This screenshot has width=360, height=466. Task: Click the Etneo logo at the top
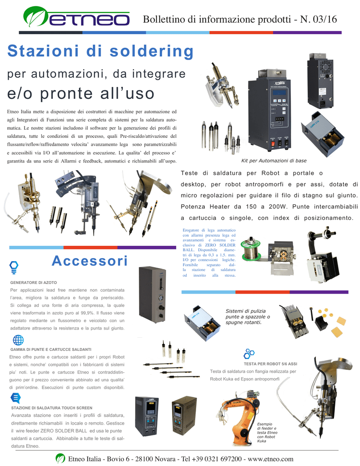pos(76,17)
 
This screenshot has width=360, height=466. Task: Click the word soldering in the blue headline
pos(152,51)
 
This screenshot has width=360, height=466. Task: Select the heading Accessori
pos(90,261)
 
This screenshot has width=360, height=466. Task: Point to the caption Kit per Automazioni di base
pos(274,161)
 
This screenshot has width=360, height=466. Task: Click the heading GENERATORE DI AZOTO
pos(34,283)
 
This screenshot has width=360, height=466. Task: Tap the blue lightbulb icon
pos(14,267)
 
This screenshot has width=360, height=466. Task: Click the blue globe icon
pos(18,340)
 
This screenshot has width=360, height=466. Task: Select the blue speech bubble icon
pos(15,398)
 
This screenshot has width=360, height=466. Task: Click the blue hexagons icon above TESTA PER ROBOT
pos(249,354)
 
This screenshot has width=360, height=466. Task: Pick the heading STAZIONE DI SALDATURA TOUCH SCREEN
pos(52,408)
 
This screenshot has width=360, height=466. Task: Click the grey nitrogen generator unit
pos(152,295)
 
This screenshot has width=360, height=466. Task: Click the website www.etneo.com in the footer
pos(270,459)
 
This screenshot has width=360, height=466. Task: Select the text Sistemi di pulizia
pos(246,311)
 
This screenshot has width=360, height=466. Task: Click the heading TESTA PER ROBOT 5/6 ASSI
pos(270,364)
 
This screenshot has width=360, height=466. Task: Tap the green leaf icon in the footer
pos(61,458)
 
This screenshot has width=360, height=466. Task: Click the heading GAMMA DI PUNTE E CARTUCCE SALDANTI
pos(51,349)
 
